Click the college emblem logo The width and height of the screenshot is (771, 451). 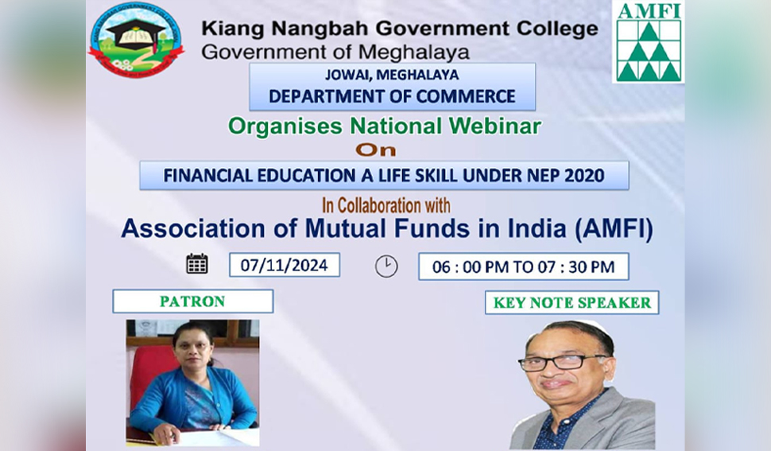tap(136, 40)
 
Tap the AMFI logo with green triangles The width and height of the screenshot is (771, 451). tap(649, 42)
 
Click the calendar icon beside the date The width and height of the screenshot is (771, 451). tap(197, 263)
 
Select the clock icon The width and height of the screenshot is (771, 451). tap(386, 266)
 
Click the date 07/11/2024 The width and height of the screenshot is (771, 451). tap(285, 266)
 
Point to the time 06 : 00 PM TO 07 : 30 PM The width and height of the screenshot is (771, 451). tap(523, 267)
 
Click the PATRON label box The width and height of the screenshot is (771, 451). tap(192, 301)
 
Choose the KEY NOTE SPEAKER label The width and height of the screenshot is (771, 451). tap(571, 302)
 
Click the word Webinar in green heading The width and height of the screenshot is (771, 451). tap(494, 126)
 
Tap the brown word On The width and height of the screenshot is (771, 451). tap(376, 150)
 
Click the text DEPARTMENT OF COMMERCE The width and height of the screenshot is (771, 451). tap(392, 96)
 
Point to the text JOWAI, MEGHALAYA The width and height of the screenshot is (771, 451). tap(392, 75)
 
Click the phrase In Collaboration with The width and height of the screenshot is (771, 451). tap(386, 205)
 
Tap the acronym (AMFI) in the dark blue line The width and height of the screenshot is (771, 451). tap(614, 229)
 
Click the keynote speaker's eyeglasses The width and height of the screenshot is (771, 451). tap(563, 363)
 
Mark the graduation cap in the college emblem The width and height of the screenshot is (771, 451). tap(136, 34)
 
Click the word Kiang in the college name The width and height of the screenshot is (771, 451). tap(232, 29)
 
